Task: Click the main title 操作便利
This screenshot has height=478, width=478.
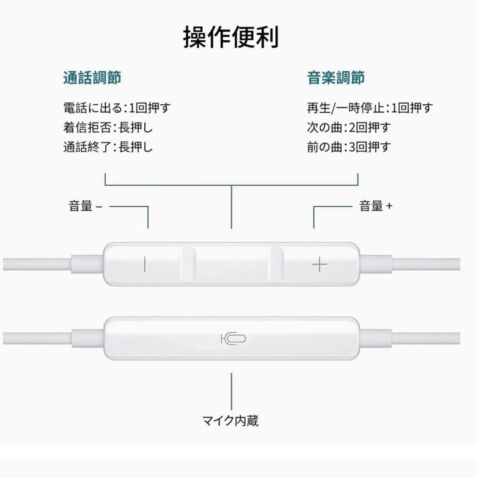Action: tap(231, 37)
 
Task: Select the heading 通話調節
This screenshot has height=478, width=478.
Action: tap(92, 78)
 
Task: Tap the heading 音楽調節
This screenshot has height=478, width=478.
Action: tap(335, 78)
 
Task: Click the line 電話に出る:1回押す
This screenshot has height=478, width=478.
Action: tap(117, 108)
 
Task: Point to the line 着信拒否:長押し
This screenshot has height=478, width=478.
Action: tap(108, 127)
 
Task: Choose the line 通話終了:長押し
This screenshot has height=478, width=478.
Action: tap(108, 147)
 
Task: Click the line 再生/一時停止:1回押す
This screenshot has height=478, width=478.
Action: tap(370, 108)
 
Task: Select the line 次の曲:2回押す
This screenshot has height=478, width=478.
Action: tap(349, 127)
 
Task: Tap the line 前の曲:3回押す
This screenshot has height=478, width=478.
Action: tap(349, 147)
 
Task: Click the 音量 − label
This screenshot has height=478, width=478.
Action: tap(85, 206)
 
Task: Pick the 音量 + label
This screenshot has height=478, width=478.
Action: tap(375, 206)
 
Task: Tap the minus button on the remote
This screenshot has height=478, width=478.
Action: tap(144, 265)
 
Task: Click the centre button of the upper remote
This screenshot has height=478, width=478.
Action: tap(231, 265)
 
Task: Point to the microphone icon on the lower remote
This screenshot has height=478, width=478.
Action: tap(233, 339)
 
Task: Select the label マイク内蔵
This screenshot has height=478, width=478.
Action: tap(230, 420)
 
